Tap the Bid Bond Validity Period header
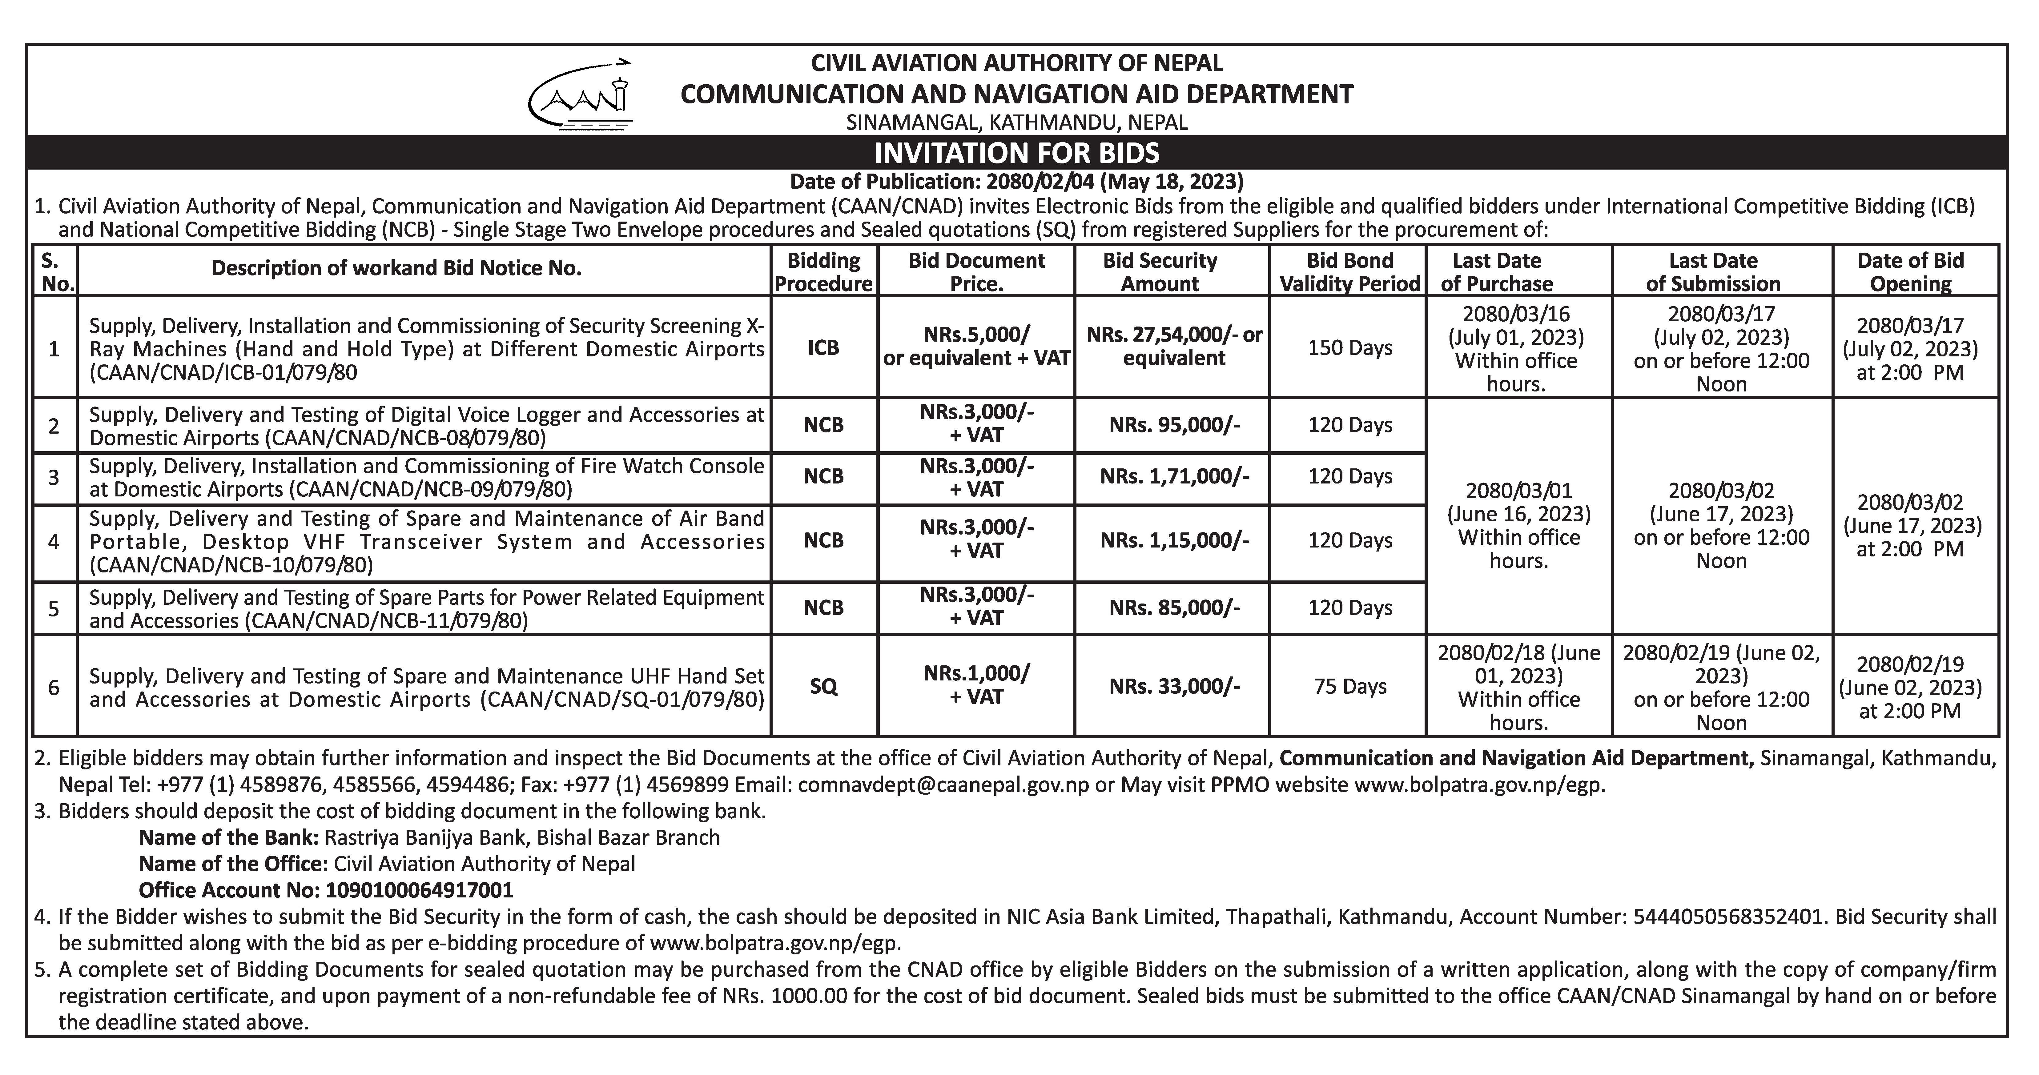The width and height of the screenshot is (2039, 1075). (x=1349, y=271)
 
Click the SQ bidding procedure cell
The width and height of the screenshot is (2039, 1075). (x=823, y=686)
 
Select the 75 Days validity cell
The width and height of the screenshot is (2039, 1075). (x=1349, y=686)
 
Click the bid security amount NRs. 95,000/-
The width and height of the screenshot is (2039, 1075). (x=1174, y=425)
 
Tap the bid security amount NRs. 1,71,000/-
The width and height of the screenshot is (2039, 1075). (x=1174, y=476)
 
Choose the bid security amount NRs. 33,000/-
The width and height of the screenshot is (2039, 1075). (x=1174, y=686)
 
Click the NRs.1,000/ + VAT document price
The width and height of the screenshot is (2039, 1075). (x=976, y=685)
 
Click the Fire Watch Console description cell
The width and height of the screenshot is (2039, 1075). (x=426, y=477)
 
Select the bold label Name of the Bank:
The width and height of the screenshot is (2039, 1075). (x=229, y=837)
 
